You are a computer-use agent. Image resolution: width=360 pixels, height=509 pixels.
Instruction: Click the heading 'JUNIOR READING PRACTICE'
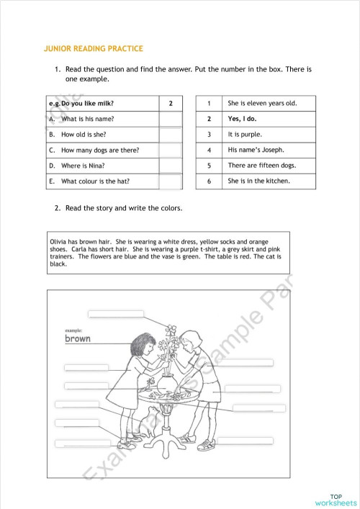click(x=94, y=49)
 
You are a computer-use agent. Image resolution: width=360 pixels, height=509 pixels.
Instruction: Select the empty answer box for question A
click(x=171, y=119)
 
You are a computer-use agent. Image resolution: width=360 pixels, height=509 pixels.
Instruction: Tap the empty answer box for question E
click(x=171, y=181)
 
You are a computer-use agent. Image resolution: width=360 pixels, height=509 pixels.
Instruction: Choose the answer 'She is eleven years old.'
click(x=261, y=104)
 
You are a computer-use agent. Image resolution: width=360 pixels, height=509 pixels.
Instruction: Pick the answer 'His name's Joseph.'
click(x=256, y=150)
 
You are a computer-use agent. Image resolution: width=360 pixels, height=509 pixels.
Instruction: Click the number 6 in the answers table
click(x=209, y=181)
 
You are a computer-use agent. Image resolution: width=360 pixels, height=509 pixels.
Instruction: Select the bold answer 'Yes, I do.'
click(x=242, y=119)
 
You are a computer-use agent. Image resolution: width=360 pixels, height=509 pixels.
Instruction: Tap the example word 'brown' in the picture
click(x=78, y=338)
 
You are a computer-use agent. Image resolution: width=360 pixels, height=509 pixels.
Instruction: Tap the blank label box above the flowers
click(x=115, y=314)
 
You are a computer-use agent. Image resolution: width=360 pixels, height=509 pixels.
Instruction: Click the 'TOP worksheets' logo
click(x=336, y=500)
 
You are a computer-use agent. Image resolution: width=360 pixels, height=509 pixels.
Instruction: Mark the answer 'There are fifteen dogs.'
click(x=261, y=166)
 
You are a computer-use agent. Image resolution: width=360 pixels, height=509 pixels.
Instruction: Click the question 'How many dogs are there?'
click(x=100, y=150)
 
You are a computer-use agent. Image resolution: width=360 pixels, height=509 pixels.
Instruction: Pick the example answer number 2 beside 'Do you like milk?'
click(x=171, y=104)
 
